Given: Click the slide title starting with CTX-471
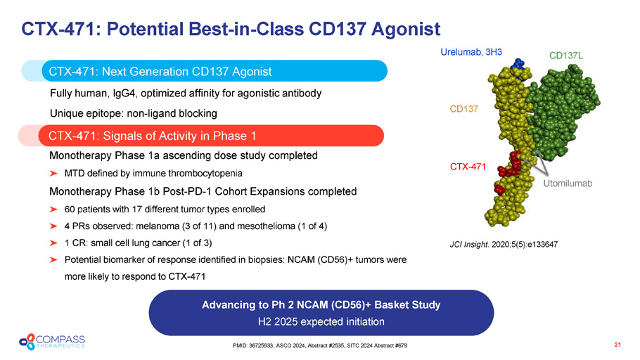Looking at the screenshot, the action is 231,30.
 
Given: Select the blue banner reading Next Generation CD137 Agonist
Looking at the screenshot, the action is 215,71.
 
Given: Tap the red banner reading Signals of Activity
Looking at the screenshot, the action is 211,136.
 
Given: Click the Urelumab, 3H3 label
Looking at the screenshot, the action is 471,52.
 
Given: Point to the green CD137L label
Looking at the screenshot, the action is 566,56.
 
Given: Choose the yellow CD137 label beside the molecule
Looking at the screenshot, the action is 463,109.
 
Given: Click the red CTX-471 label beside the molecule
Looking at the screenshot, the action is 468,167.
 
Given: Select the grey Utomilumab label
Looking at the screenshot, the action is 568,184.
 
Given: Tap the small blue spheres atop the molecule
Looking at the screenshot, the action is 518,65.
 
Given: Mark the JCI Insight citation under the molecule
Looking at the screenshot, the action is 504,245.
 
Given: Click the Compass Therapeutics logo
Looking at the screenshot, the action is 52,342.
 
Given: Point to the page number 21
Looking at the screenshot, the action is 617,345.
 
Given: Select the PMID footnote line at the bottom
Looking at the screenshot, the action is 320,346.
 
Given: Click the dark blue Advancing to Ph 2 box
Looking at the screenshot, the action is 321,313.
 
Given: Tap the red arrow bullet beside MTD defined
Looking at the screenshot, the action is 53,174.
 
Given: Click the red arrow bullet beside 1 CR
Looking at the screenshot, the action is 53,243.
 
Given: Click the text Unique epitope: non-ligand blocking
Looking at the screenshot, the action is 134,113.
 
